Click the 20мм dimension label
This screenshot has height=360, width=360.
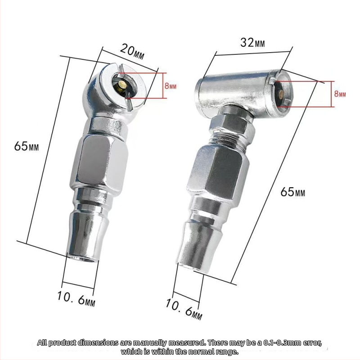coord(132,52)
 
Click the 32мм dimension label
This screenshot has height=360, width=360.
coord(252,43)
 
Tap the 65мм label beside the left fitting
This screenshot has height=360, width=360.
coord(27,146)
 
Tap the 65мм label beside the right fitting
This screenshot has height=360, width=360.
coord(293,192)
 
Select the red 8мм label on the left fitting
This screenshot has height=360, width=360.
coord(171,86)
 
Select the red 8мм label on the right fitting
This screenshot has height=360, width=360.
coord(340,94)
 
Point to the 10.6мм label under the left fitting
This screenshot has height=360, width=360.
coord(76,299)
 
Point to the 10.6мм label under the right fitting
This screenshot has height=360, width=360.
coord(184,309)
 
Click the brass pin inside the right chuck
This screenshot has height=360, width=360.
coord(280,94)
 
